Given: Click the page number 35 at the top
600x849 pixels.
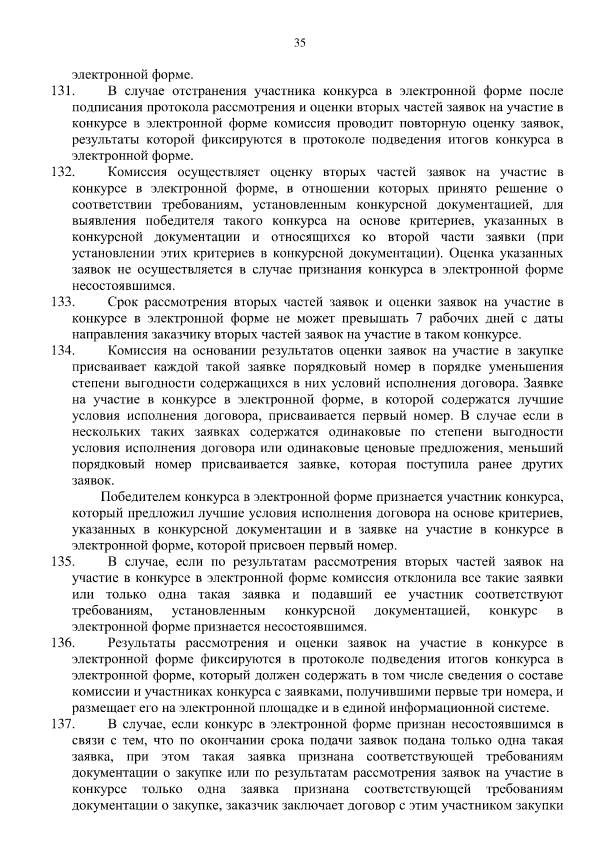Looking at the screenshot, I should coord(300,43).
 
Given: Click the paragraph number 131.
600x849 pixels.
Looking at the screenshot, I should coord(62,91).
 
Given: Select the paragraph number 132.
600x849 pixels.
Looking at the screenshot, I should coord(62,172).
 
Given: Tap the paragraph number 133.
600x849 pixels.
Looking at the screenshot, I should coord(62,302).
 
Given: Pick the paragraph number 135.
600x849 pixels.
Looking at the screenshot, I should coord(62,562).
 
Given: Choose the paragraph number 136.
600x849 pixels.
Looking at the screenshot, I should coord(62,643).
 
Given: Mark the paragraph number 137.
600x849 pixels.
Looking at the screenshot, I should coord(62,724).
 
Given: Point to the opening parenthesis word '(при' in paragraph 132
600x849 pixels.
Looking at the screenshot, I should coord(550,237).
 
